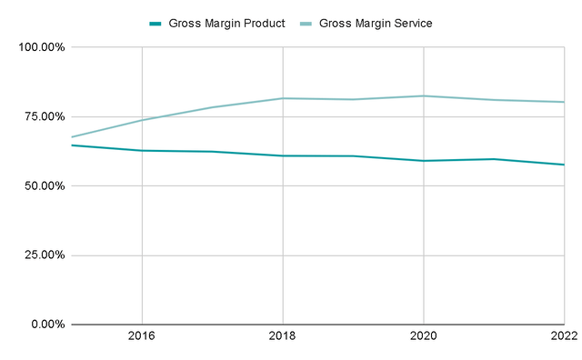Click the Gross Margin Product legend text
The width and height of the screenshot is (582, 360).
click(x=226, y=23)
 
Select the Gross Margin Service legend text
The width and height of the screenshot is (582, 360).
click(x=375, y=23)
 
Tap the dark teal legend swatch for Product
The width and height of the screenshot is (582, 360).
click(x=156, y=23)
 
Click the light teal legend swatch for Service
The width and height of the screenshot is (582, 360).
click(x=306, y=23)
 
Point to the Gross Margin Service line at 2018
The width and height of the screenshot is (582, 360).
click(x=283, y=98)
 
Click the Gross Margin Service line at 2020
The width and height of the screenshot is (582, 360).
click(x=424, y=95)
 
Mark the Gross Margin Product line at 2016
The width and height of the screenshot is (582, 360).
click(x=142, y=151)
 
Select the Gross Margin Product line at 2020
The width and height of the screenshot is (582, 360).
click(x=424, y=161)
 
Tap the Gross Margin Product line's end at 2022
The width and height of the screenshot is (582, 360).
click(x=564, y=165)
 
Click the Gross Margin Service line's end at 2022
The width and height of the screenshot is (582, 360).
click(x=564, y=102)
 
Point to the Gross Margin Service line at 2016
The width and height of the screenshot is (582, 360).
click(x=142, y=120)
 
